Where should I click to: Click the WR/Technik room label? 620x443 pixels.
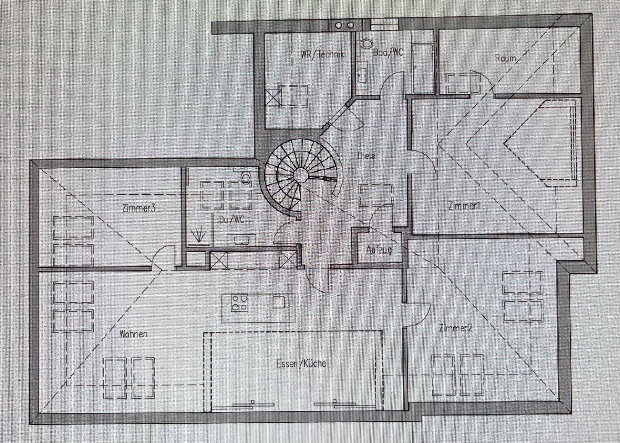323,54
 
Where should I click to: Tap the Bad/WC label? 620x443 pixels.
388,52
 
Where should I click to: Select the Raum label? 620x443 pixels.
506,58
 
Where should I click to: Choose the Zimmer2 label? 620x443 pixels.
455,328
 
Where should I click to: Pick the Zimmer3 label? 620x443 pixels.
139,208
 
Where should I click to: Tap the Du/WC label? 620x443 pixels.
232,220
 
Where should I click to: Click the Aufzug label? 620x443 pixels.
379,250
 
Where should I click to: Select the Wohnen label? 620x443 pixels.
133,334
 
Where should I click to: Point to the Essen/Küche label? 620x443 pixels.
301,364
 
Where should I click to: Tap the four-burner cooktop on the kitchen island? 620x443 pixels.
240,303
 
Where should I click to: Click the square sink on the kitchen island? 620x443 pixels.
278,302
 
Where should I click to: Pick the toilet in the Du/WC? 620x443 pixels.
246,177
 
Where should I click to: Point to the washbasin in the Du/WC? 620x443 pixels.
241,240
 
